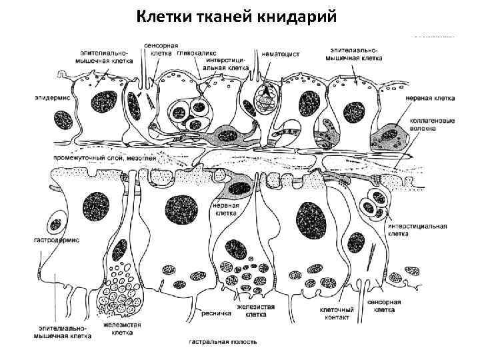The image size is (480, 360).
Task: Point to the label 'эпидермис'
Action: pyautogui.click(x=51, y=98)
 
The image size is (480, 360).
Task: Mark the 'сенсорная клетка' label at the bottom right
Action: pyautogui.click(x=385, y=306)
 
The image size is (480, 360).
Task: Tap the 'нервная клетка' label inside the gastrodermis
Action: pyautogui.click(x=225, y=211)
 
